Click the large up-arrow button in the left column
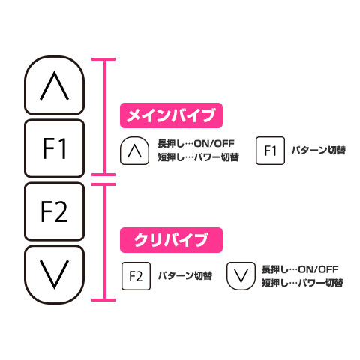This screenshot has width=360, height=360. (x=54, y=85)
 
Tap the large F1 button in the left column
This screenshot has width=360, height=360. (x=54, y=148)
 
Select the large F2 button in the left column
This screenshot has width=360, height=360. (x=54, y=211)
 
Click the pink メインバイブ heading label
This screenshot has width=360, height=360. (x=171, y=115)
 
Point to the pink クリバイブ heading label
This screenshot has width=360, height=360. (x=171, y=240)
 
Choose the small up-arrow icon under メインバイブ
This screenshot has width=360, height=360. (x=135, y=151)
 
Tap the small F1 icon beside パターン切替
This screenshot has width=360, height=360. (x=270, y=151)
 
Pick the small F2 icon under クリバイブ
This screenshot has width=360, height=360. (x=136, y=276)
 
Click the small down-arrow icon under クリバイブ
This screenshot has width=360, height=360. (x=241, y=276)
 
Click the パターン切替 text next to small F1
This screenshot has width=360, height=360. (x=319, y=151)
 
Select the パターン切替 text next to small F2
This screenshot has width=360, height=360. (x=185, y=276)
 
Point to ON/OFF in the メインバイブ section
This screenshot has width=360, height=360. (x=214, y=144)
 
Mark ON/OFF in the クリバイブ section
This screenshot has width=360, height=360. (x=319, y=269)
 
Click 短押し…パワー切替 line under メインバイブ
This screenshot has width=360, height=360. (x=198, y=157)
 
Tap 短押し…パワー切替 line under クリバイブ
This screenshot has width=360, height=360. (x=302, y=283)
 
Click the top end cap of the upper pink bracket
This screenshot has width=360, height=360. (x=103, y=59)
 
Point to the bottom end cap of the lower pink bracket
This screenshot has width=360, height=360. (x=103, y=300)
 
